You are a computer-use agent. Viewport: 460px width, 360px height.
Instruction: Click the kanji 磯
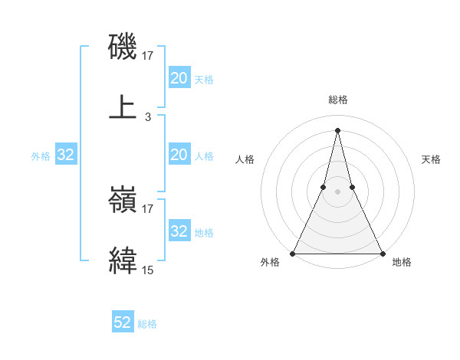click(123, 47)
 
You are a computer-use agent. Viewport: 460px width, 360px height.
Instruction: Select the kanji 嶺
click(123, 201)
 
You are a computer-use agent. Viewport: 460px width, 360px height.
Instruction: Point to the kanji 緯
click(123, 260)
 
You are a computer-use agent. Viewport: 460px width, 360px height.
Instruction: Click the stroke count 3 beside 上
click(148, 117)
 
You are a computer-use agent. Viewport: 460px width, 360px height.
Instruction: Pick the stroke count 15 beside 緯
click(148, 270)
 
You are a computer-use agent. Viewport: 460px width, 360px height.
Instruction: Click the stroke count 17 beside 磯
click(148, 55)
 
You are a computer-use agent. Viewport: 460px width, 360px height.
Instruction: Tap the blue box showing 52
click(123, 322)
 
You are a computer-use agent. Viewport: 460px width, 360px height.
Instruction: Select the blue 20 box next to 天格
click(179, 77)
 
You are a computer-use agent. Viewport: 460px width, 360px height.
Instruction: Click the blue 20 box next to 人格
click(179, 155)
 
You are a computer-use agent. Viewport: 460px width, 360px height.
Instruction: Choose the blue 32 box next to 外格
click(66, 155)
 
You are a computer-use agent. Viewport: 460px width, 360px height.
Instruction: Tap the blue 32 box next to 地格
click(179, 231)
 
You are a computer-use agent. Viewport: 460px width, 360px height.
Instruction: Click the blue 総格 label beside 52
click(147, 324)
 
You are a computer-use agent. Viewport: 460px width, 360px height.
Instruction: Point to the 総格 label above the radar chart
click(337, 100)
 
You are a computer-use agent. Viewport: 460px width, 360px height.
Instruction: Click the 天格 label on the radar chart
click(431, 159)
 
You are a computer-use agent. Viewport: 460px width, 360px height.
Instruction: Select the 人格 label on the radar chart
click(245, 159)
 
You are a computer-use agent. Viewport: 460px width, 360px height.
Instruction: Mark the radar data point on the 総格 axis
click(337, 129)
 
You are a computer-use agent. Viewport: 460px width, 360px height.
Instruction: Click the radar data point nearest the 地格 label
click(382, 253)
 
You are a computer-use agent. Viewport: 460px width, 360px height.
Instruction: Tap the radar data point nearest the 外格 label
click(293, 253)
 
